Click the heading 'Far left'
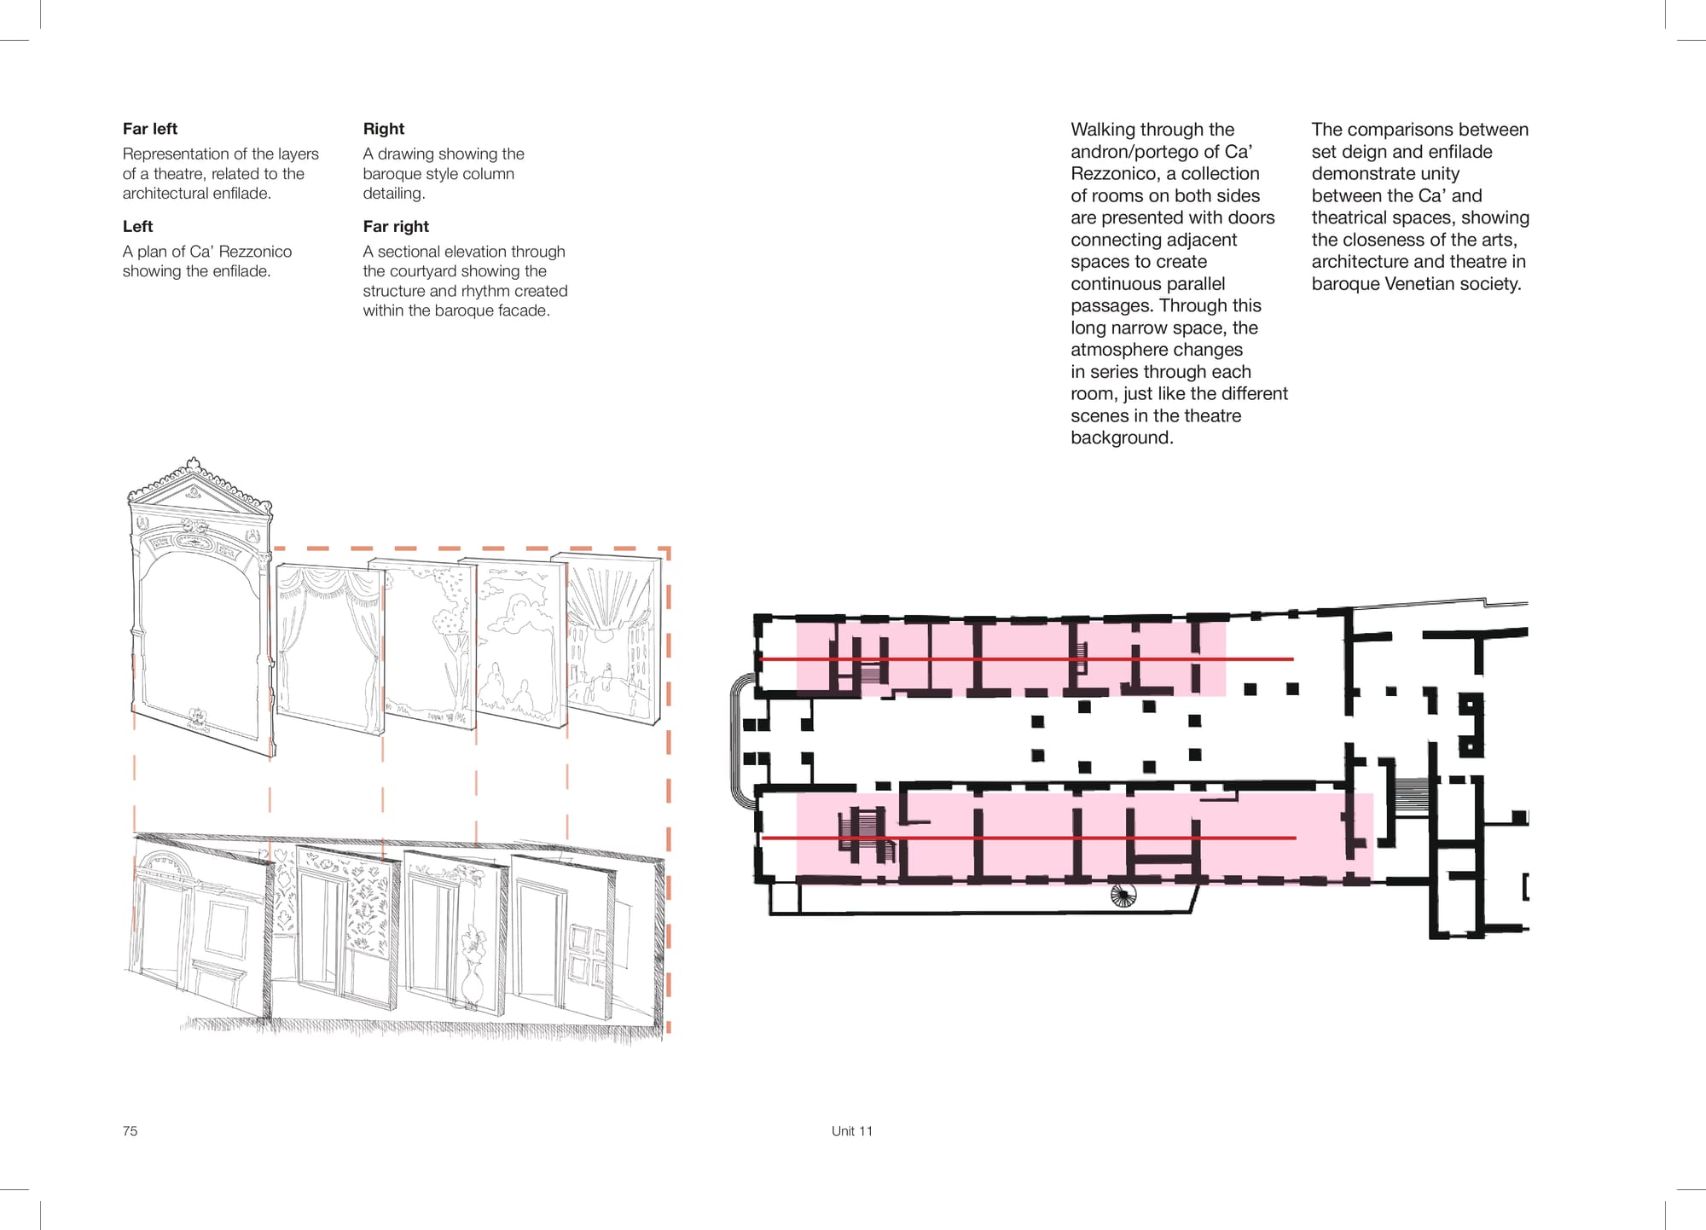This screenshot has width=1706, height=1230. coord(150,129)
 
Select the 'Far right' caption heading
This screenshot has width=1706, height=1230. coord(396,227)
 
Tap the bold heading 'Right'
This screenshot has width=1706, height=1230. coord(384,129)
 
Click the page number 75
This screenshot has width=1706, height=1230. coord(130,1131)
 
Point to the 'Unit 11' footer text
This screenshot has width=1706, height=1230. coord(852,1131)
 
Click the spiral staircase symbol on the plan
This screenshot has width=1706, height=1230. coord(1124,895)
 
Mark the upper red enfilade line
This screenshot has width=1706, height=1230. coord(1027,659)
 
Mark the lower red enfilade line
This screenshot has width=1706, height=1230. coord(1029,838)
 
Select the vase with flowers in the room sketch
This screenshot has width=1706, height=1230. coord(473,964)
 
